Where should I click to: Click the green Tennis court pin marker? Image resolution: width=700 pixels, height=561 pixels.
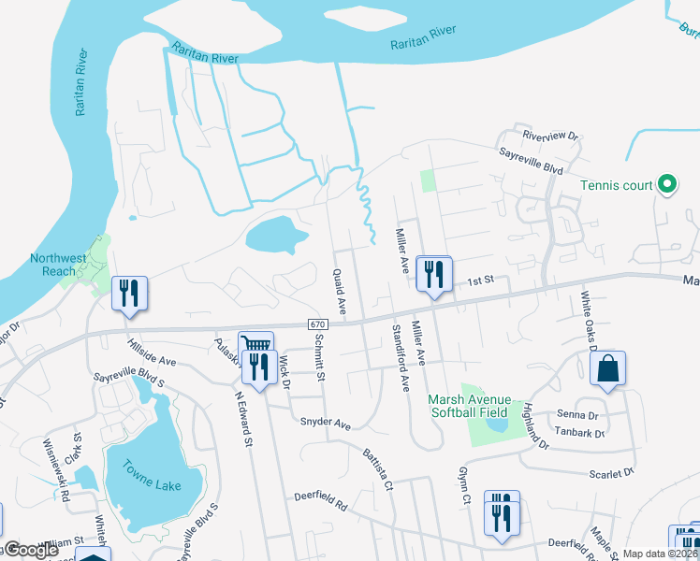(x=666, y=185)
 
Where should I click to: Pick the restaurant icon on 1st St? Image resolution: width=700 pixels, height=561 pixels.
(x=433, y=274)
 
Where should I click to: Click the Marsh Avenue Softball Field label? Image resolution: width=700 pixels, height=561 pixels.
(x=468, y=405)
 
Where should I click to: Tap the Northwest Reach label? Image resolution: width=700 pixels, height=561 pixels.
(x=58, y=265)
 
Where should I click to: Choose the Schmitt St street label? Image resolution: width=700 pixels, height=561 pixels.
(x=319, y=357)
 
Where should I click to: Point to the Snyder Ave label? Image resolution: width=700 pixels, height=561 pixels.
(x=325, y=423)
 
